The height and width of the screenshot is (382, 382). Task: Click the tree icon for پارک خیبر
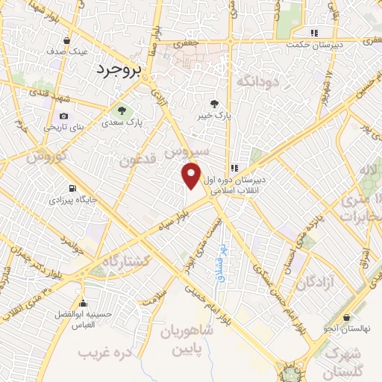(x=216, y=104)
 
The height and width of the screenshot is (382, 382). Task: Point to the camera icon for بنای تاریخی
(x=64, y=116)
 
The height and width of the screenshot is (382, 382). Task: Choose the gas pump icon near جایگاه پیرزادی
(x=72, y=188)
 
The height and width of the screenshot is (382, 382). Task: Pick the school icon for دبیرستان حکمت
(x=314, y=33)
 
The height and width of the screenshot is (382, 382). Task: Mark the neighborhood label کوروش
(x=48, y=157)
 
